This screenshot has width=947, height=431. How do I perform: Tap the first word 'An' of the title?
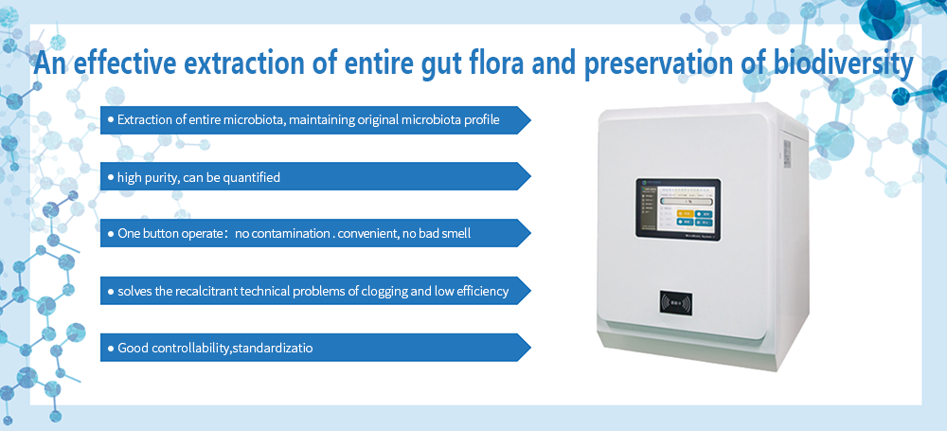point(49,63)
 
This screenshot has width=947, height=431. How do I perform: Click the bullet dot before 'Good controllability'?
point(111,349)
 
